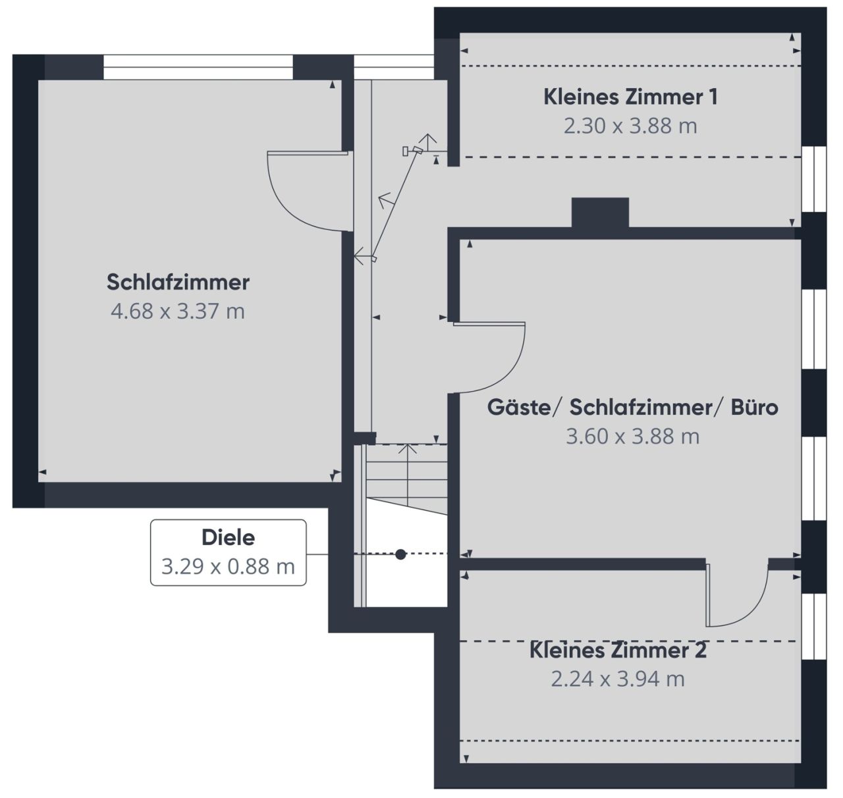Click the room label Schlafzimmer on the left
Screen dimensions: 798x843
click(x=178, y=282)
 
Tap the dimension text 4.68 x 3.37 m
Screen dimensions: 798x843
click(x=178, y=311)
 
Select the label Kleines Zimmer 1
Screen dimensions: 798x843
click(x=630, y=97)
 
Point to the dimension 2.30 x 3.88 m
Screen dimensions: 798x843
click(x=630, y=126)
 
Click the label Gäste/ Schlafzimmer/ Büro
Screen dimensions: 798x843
click(x=632, y=408)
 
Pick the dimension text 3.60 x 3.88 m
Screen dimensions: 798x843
click(x=632, y=436)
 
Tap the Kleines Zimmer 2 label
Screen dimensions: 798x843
click(x=618, y=651)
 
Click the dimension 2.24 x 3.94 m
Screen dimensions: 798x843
click(x=618, y=679)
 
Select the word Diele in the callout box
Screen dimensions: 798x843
click(x=228, y=538)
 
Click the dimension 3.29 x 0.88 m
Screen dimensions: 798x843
click(x=228, y=566)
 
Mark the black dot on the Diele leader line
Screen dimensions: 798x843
click(x=400, y=554)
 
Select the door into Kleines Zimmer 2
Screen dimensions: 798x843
click(x=738, y=596)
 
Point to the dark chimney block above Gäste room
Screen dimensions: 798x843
click(x=600, y=212)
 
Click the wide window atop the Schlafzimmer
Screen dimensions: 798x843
click(x=198, y=67)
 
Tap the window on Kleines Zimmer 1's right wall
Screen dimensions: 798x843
click(x=813, y=179)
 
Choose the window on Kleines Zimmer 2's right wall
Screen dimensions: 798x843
click(x=813, y=625)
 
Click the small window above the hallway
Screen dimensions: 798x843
click(x=394, y=67)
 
